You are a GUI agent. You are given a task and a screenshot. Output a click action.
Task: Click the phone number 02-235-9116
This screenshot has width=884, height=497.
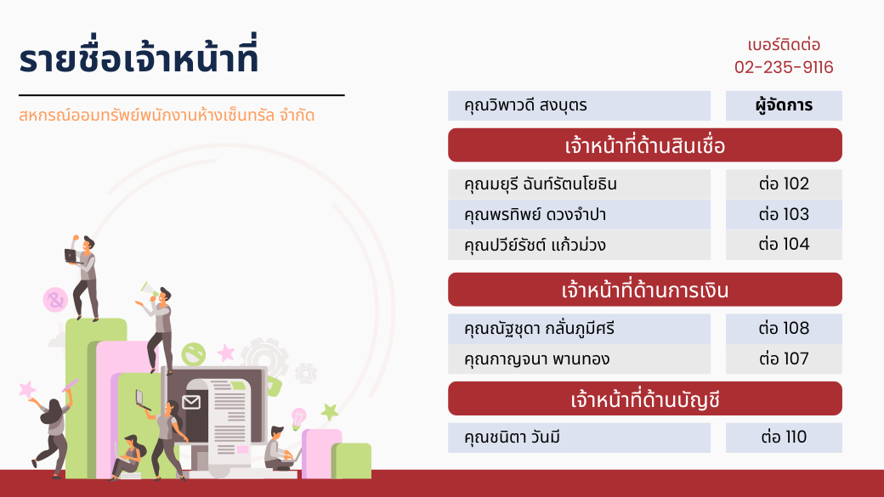(x=784, y=67)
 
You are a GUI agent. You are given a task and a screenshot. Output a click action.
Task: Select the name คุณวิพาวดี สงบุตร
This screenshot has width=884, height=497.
(x=525, y=105)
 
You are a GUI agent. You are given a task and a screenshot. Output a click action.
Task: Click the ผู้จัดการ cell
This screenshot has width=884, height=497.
(x=784, y=105)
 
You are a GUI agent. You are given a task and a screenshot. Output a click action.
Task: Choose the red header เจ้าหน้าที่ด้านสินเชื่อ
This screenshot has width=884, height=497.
(x=645, y=145)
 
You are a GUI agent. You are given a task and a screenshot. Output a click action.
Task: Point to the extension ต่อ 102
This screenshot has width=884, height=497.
(x=784, y=184)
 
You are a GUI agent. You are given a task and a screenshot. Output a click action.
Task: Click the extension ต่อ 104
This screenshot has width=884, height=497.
(x=784, y=244)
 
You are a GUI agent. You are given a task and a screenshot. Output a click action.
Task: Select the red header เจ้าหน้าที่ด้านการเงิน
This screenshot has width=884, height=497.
(x=645, y=290)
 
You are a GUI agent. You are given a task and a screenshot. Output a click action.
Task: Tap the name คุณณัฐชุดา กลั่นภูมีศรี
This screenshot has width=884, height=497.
(x=540, y=329)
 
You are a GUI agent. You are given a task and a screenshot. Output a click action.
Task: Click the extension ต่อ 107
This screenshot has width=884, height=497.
(x=784, y=359)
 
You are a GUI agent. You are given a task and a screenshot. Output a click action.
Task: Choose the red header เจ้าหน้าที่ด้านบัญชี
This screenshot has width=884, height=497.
(x=645, y=399)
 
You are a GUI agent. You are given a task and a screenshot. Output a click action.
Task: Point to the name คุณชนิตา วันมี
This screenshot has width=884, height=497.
(x=512, y=438)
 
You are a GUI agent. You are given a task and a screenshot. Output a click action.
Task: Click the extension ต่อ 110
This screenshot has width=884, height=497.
(x=784, y=437)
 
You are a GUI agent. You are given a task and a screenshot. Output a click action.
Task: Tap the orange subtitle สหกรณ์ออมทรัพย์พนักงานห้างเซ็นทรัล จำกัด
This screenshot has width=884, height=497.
(x=167, y=116)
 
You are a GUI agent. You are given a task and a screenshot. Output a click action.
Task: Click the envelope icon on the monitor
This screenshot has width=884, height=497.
(x=191, y=402)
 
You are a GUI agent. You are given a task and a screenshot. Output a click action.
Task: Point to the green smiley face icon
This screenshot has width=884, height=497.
(x=194, y=354)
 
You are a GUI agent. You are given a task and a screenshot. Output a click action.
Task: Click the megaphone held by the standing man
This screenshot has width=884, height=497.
(x=148, y=290)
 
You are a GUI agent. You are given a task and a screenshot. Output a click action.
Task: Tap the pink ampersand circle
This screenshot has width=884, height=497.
(x=55, y=300)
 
